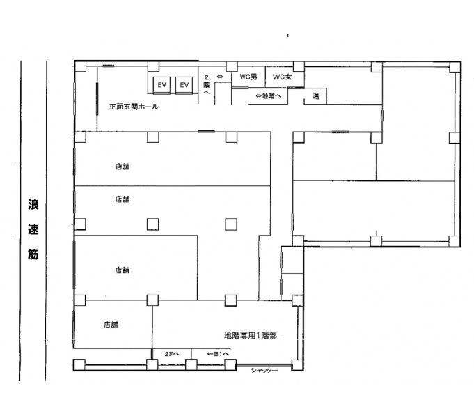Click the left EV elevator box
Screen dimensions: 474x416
coord(161,85)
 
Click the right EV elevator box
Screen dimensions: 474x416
coord(184,85)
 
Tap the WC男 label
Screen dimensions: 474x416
coord(248,77)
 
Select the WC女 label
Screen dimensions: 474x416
coord(282,77)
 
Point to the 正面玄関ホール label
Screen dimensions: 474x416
coord(134,107)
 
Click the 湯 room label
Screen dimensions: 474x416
coord(315,96)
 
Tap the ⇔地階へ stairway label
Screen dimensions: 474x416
coord(268,96)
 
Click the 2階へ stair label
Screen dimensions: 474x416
coord(207,85)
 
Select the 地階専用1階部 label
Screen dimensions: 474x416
coord(251,336)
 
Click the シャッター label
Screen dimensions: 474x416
coord(264,370)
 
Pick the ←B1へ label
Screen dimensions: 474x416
coord(218,354)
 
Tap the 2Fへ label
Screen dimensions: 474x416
coord(172,354)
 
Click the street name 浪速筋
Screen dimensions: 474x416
coord(33,229)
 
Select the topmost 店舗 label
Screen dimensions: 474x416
coord(122,167)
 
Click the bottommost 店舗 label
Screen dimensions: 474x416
coord(111,324)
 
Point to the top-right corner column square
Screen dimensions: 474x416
coord(455,67)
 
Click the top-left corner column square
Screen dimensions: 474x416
coord(80,67)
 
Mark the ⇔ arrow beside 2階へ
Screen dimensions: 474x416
coord(220,77)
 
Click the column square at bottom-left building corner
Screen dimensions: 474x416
coord(79,365)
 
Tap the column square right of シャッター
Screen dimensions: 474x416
coord(297,365)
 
